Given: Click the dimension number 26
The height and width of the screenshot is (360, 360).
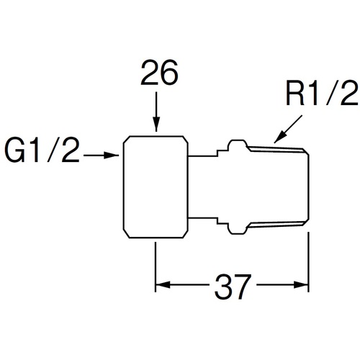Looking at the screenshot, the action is pos(159,72).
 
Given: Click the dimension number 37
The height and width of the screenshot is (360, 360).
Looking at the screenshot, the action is pos(233,287).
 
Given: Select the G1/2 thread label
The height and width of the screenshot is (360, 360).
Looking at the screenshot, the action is pos(42,150).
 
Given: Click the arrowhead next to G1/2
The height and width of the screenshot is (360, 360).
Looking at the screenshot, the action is pos(112,156).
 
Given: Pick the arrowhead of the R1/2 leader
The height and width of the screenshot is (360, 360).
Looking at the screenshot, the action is pos(279,138).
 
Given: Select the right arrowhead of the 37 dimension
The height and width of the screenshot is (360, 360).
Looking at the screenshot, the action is pos(301,285).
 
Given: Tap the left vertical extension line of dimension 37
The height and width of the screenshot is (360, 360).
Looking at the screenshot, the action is pos(156,267).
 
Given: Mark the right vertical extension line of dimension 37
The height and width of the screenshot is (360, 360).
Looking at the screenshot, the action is pos(308,262).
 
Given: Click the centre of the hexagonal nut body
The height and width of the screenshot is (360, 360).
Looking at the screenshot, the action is pos(156,187).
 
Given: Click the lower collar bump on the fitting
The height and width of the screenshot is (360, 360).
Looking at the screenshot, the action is pos(237,229).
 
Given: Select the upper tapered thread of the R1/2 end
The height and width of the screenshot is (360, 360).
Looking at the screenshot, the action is pos(276,149).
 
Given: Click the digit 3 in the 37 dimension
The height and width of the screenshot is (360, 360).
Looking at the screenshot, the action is pos(223,287).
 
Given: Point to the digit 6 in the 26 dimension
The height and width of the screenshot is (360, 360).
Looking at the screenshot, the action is pos(169,72).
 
